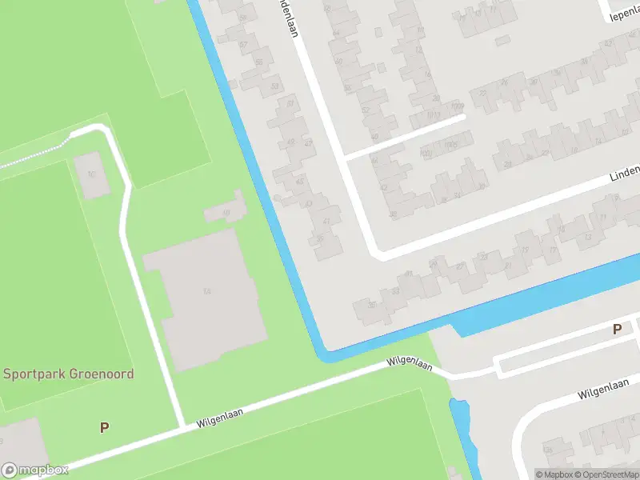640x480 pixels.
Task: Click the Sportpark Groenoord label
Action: click(x=68, y=374)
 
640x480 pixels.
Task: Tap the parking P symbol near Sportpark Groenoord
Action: click(x=104, y=428)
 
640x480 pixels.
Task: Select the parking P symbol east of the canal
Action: click(x=617, y=329)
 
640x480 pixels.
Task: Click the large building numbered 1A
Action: click(x=207, y=291)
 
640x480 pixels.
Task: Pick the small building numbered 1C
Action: click(x=92, y=174)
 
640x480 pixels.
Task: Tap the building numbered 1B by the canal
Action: click(x=226, y=212)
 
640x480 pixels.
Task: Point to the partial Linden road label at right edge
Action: click(x=625, y=173)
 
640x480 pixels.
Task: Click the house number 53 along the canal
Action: click(x=274, y=85)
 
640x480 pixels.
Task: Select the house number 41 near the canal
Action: click(x=326, y=221)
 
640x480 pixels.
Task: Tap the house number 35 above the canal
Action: click(x=370, y=305)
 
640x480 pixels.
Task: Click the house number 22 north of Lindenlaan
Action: click(x=482, y=93)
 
